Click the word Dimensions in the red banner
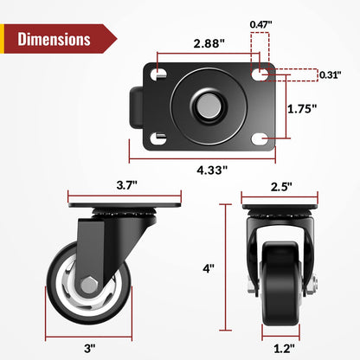click(x=54, y=39)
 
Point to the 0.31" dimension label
click(x=329, y=75)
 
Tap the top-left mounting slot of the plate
click(x=159, y=75)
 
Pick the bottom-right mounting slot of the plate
click(x=261, y=138)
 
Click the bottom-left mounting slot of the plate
click(x=159, y=138)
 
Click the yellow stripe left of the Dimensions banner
click(x=4, y=39)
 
